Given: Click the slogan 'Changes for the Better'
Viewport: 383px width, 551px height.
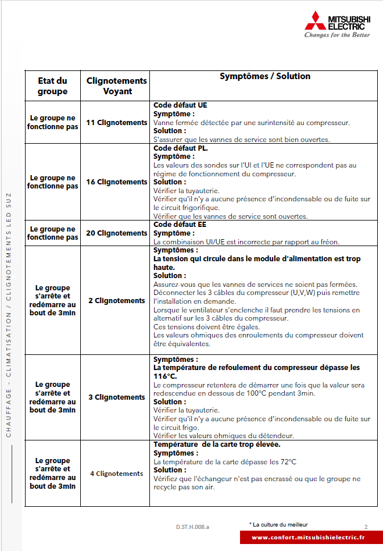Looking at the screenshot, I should [337, 35].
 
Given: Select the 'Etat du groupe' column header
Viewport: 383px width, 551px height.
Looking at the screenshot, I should [52, 86].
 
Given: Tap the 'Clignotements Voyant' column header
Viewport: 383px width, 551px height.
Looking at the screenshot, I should [117, 86].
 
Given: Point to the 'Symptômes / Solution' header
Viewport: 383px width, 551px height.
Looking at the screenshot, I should [265, 76].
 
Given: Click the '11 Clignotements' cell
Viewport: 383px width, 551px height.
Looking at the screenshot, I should [117, 123].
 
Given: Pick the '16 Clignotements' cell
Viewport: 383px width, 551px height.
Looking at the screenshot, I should [117, 182].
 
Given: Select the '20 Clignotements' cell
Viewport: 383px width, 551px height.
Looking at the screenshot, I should [117, 233].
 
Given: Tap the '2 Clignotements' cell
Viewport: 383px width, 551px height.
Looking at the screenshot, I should [117, 301].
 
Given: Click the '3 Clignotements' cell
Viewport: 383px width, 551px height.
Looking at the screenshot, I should [117, 397].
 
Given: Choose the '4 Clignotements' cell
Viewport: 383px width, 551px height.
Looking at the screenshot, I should [117, 474].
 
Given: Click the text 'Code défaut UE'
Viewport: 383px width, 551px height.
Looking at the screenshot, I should [180, 105].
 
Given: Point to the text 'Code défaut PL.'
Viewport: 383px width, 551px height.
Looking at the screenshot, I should [181, 148].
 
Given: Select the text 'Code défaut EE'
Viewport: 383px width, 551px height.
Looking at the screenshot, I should [180, 224].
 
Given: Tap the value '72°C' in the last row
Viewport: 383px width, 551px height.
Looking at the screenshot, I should [285, 462].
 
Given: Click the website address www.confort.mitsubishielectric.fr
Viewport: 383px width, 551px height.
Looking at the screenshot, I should [308, 538].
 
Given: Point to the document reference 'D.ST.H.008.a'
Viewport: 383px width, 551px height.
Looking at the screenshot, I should [193, 527].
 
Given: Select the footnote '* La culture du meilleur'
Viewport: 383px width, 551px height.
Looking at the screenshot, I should [278, 524].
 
